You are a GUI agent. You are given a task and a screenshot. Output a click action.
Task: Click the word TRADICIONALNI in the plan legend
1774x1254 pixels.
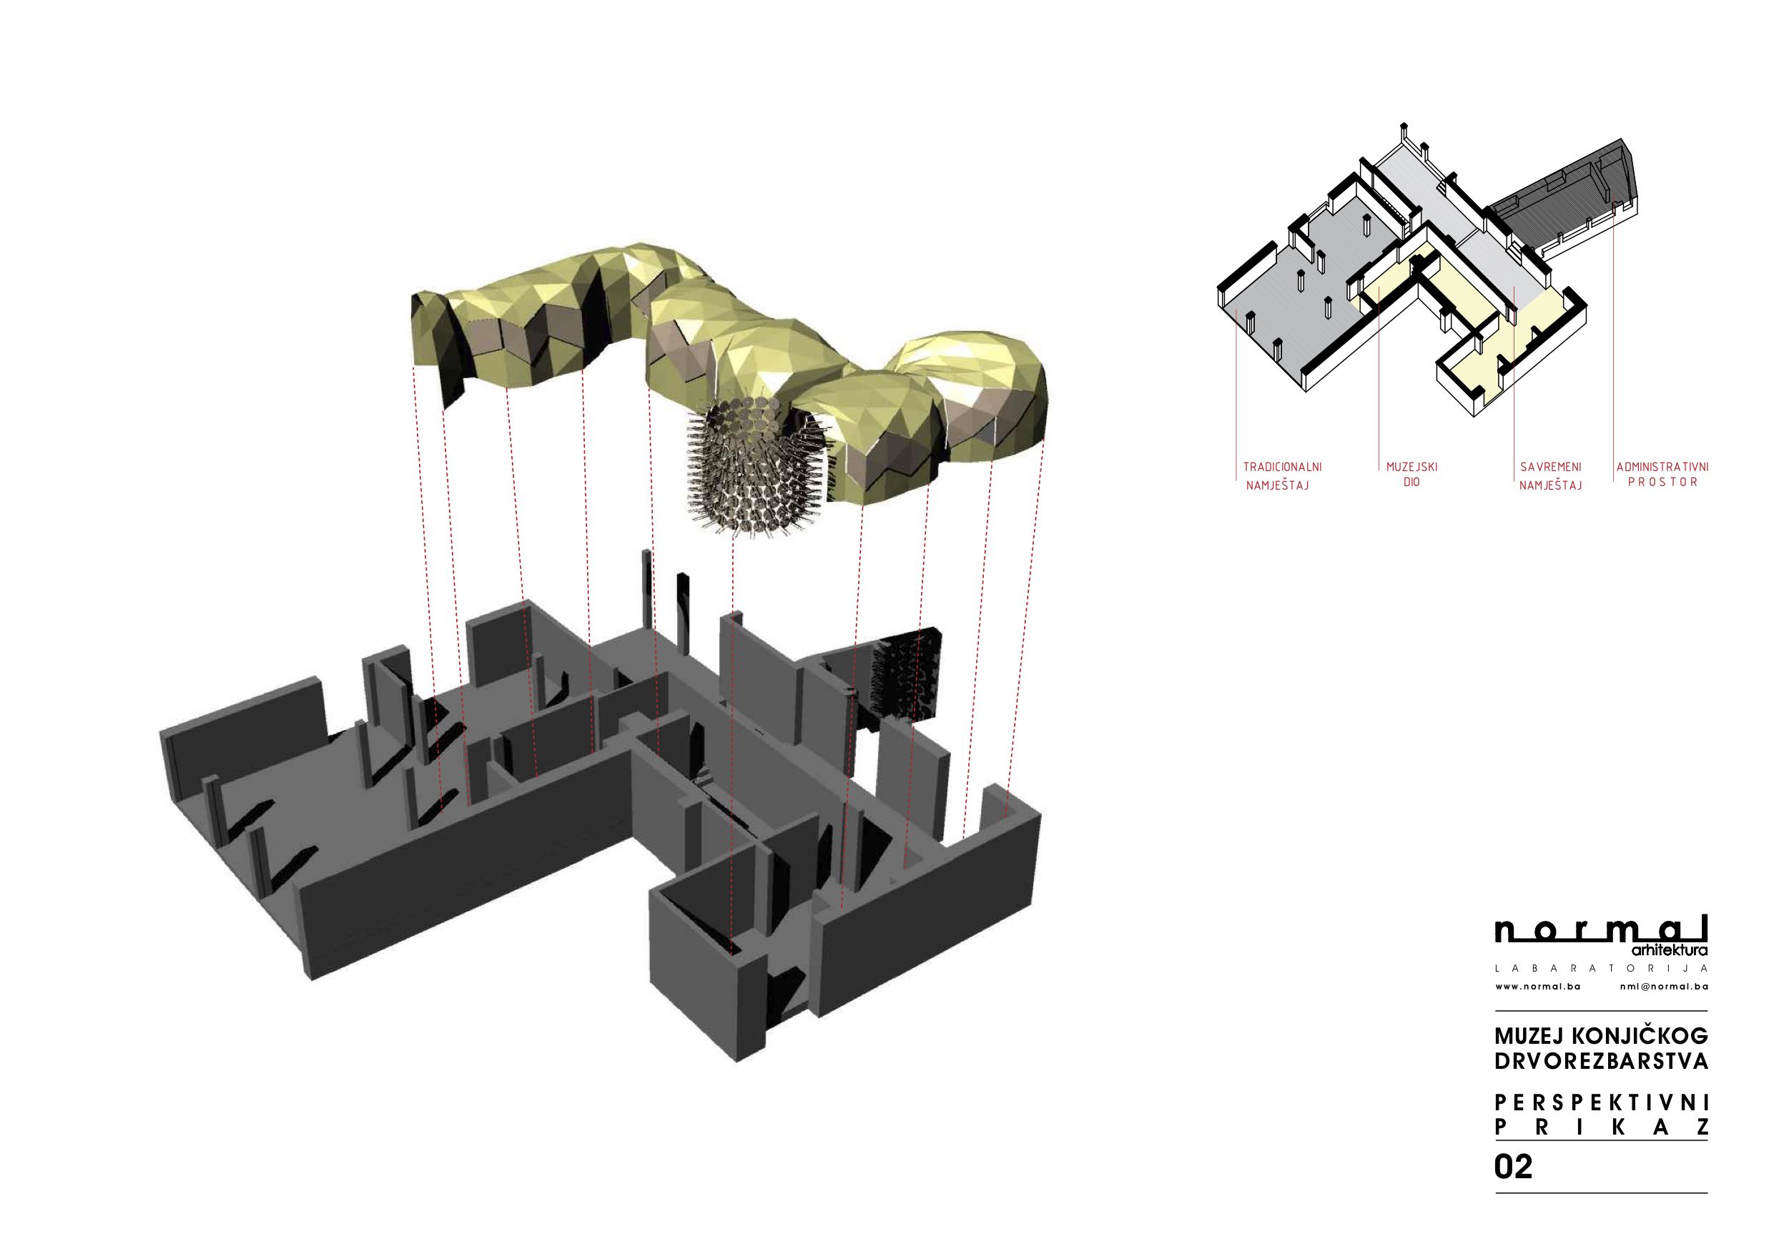click(x=1282, y=468)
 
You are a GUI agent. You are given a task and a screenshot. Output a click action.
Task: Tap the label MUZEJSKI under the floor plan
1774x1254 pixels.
click(x=1411, y=468)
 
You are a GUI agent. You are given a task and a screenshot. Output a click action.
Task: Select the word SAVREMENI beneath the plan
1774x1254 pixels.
click(x=1551, y=468)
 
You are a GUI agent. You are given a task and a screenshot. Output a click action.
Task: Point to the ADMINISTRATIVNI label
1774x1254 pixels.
click(x=1662, y=468)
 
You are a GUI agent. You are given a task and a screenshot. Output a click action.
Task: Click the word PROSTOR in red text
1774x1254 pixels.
click(x=1662, y=482)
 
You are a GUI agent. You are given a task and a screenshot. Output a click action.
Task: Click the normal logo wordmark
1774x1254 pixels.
click(x=1601, y=929)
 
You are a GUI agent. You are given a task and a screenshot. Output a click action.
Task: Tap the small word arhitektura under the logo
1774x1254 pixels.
click(x=1674, y=950)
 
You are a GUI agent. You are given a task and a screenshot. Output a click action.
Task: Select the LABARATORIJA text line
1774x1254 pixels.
click(x=1601, y=968)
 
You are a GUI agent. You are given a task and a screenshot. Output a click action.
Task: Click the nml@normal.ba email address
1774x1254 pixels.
click(x=1665, y=987)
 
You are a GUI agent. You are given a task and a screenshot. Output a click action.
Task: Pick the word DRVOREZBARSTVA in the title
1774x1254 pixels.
click(x=1601, y=1061)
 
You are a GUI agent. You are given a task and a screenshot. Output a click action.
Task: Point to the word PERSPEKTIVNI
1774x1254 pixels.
click(x=1601, y=1102)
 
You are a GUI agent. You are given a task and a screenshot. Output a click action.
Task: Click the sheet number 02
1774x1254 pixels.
click(x=1513, y=1167)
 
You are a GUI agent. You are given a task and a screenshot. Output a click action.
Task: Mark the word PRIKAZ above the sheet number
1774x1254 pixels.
click(x=1601, y=1127)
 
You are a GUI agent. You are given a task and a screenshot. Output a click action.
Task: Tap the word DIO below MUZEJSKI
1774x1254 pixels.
click(x=1411, y=482)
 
